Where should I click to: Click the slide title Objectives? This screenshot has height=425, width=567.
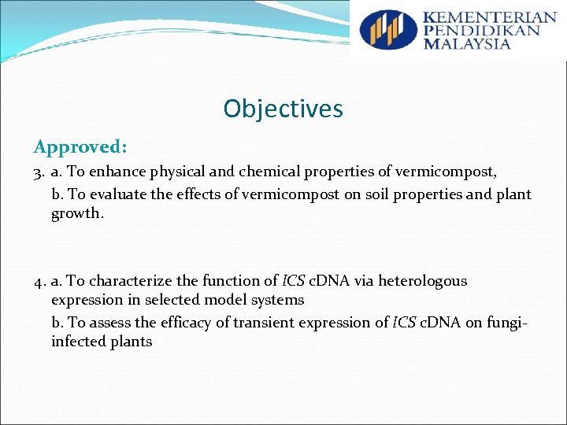tap(283, 109)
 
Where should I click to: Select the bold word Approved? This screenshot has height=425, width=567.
tap(80, 147)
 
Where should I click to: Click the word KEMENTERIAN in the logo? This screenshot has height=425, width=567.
tap(488, 17)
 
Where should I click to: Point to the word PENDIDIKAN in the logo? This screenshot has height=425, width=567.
tap(481, 31)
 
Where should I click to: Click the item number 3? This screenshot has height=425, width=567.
tap(39, 171)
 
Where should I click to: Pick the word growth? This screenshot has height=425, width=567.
tap(76, 213)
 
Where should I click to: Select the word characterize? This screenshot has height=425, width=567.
tap(136, 281)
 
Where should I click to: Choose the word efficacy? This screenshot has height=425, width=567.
tap(172, 322)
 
